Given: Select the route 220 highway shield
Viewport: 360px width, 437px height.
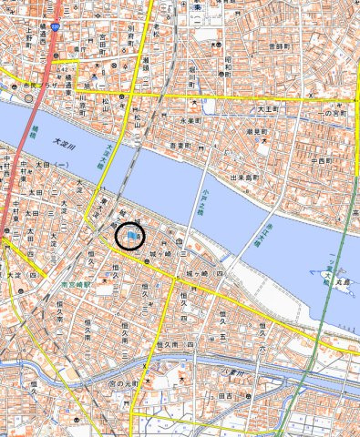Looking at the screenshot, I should [55, 28].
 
